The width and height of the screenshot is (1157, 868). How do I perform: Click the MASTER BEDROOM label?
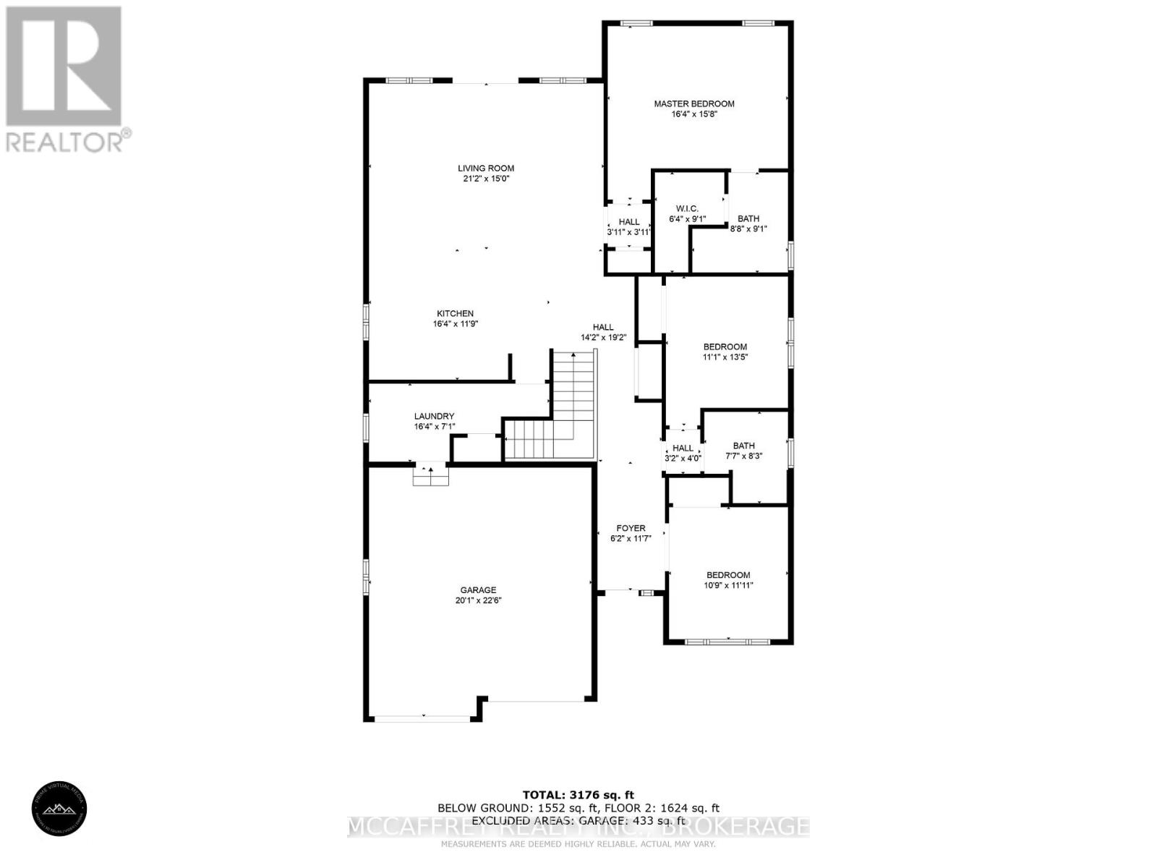tap(694, 103)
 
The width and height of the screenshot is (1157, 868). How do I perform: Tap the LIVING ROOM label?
tap(486, 169)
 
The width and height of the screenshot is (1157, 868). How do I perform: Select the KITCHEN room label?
tap(455, 313)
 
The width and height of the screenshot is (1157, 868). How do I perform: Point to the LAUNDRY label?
tap(434, 416)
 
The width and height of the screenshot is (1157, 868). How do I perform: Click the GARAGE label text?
tap(479, 590)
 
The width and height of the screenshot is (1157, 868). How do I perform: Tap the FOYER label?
tap(631, 528)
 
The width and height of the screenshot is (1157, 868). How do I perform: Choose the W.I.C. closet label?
tap(687, 208)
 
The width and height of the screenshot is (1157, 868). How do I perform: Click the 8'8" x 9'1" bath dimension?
tap(748, 229)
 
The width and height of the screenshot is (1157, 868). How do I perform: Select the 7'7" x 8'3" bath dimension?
tap(743, 456)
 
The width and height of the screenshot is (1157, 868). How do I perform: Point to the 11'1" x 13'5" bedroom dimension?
tap(725, 357)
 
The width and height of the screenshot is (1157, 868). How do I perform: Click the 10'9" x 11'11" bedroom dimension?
tap(728, 585)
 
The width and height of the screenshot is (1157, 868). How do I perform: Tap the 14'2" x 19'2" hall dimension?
tap(603, 337)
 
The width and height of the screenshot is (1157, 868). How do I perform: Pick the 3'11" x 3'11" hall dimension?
tap(628, 232)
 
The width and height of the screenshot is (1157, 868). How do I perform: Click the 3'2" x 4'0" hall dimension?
tap(683, 458)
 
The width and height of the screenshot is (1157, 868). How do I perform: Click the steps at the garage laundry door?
tap(431, 477)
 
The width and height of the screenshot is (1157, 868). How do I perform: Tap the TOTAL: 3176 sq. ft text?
tap(578, 795)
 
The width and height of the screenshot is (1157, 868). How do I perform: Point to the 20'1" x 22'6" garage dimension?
tap(479, 600)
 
